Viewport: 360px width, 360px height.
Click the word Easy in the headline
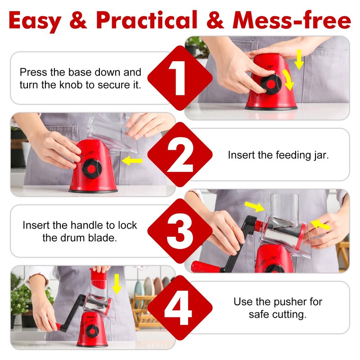[35, 21]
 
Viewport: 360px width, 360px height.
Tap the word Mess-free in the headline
[292, 20]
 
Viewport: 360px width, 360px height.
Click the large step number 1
[178, 78]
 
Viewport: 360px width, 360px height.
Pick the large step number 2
[180, 154]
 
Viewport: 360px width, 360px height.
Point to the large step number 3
[180, 231]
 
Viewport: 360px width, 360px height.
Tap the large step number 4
[178, 308]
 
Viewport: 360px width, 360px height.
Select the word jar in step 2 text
[321, 155]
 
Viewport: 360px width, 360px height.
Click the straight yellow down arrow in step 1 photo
[299, 59]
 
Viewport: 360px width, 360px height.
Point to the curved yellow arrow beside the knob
[288, 80]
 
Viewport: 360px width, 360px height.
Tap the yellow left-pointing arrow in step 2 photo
[132, 161]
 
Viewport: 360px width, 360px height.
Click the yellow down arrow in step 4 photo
[117, 284]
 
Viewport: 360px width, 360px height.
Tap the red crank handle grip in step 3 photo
[205, 267]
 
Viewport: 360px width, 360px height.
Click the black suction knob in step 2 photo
[92, 169]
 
